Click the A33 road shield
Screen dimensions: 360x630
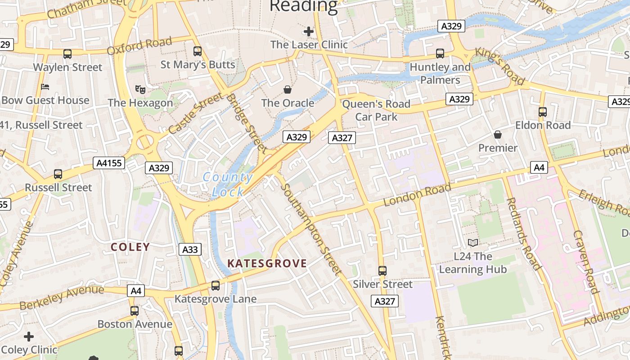190,249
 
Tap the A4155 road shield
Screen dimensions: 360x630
109,162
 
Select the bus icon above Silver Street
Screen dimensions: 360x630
382,270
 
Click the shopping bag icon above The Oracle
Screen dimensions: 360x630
288,90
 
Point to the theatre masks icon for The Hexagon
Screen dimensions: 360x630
140,90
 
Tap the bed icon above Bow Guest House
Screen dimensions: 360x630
45,86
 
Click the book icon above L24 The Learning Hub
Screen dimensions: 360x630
472,243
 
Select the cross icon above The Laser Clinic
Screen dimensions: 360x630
309,31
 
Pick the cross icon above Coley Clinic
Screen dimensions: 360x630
29,337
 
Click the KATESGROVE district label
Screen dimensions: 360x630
267,264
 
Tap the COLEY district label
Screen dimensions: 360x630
130,247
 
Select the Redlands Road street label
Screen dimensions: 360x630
523,234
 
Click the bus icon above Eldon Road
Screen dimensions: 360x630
543,112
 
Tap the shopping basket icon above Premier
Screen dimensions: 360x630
498,135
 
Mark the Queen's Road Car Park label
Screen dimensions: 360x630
377,110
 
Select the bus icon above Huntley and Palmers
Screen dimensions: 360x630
440,54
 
